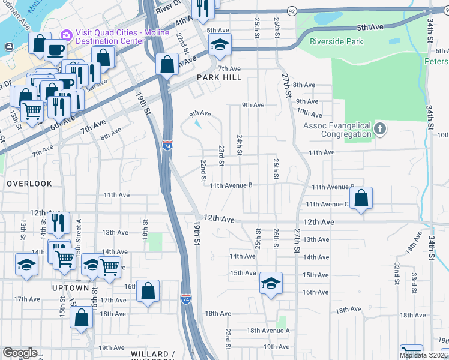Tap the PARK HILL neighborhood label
(x=218, y=77)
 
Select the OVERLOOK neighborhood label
(x=29, y=183)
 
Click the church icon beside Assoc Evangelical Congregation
(x=379, y=129)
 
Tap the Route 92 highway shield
(x=292, y=11)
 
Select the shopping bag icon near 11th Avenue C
(x=361, y=199)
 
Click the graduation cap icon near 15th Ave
(x=271, y=283)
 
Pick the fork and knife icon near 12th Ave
(x=58, y=223)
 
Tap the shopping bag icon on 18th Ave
(x=81, y=317)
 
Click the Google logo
(x=20, y=353)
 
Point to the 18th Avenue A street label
(x=268, y=331)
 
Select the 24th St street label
(x=240, y=144)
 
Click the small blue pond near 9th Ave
(x=199, y=124)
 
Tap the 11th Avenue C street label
(x=327, y=204)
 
